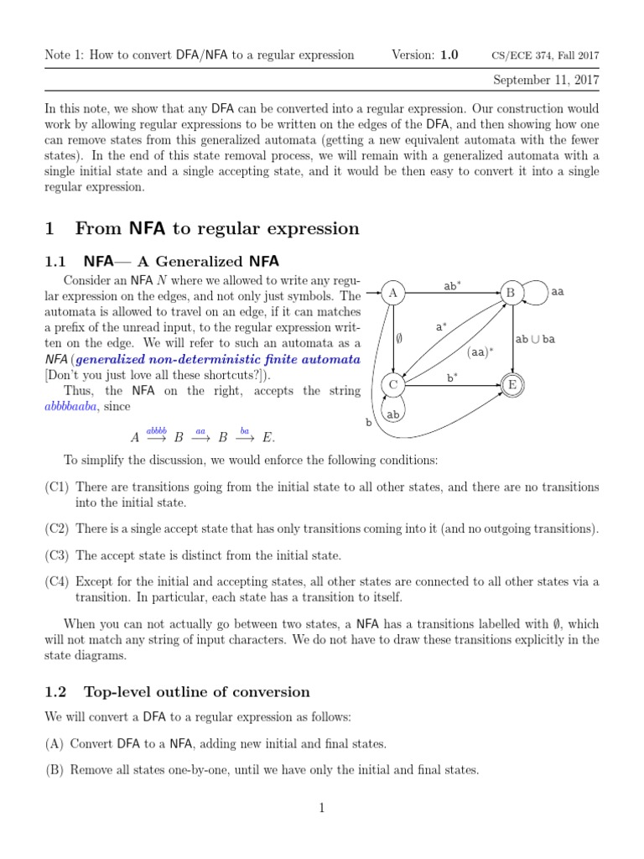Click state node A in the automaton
(392, 294)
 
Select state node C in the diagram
(392, 385)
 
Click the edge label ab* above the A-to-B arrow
(454, 285)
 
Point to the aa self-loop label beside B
(558, 292)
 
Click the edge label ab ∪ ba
(534, 339)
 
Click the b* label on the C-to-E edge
(452, 377)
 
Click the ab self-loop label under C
(392, 414)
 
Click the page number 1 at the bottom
(321, 808)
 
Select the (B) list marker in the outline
(56, 770)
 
